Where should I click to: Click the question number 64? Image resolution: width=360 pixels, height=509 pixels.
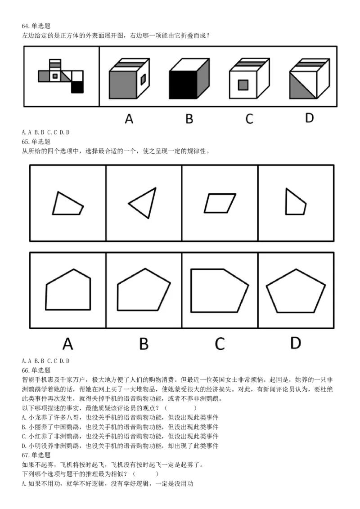(26, 26)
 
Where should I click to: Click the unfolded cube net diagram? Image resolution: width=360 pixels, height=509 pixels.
(61, 76)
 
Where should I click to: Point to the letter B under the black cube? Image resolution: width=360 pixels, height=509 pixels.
(189, 119)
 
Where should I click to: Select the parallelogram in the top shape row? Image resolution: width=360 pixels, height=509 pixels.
(220, 203)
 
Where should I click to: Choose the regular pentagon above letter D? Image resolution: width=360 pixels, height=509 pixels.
(296, 292)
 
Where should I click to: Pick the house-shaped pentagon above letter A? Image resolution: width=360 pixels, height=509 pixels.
(68, 290)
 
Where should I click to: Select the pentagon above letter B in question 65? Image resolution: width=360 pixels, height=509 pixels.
(144, 290)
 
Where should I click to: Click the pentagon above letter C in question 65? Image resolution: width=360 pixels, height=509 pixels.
(219, 290)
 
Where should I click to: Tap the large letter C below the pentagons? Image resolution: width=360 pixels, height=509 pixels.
(219, 344)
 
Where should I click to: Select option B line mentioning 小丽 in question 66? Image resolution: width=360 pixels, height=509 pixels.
(120, 427)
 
